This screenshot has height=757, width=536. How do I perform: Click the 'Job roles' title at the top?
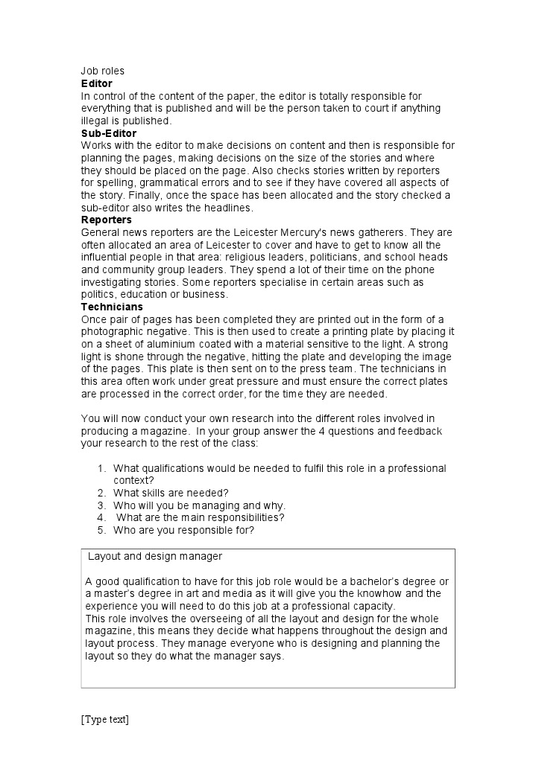[103, 71]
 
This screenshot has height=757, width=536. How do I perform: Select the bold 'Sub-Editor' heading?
[109, 133]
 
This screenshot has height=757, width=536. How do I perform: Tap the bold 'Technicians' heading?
[112, 307]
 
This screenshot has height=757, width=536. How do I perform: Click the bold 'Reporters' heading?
[107, 220]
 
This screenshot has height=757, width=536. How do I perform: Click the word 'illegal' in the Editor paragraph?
[95, 121]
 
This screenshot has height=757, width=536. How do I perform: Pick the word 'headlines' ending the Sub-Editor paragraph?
[230, 208]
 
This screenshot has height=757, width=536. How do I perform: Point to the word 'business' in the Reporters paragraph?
[204, 295]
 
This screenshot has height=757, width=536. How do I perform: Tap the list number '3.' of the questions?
[102, 505]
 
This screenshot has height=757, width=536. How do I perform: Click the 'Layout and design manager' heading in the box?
[155, 557]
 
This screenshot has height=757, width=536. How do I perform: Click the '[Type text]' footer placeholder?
[105, 720]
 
